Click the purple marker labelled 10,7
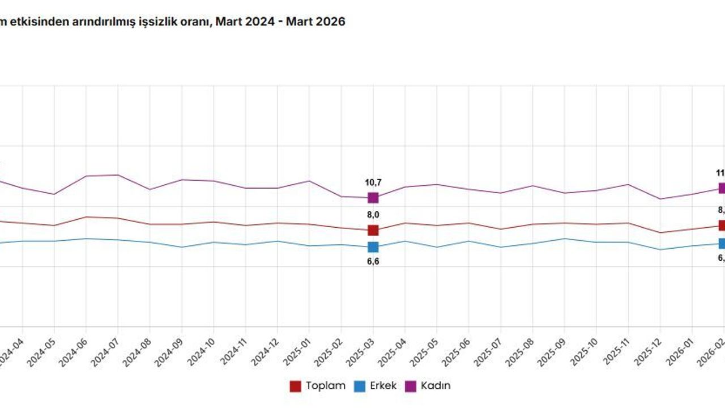pyautogui.click(x=373, y=198)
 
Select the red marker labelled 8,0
pyautogui.click(x=373, y=230)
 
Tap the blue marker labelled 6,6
pyautogui.click(x=373, y=247)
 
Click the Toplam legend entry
pyautogui.click(x=318, y=386)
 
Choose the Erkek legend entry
pyautogui.click(x=376, y=386)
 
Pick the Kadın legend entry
pyautogui.click(x=429, y=386)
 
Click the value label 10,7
pyautogui.click(x=373, y=182)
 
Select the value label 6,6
pyautogui.click(x=373, y=261)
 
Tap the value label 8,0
pyautogui.click(x=373, y=214)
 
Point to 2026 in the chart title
pyautogui.click(x=330, y=22)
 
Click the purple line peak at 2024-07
pyautogui.click(x=117, y=175)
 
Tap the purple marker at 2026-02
pyautogui.click(x=722, y=188)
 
